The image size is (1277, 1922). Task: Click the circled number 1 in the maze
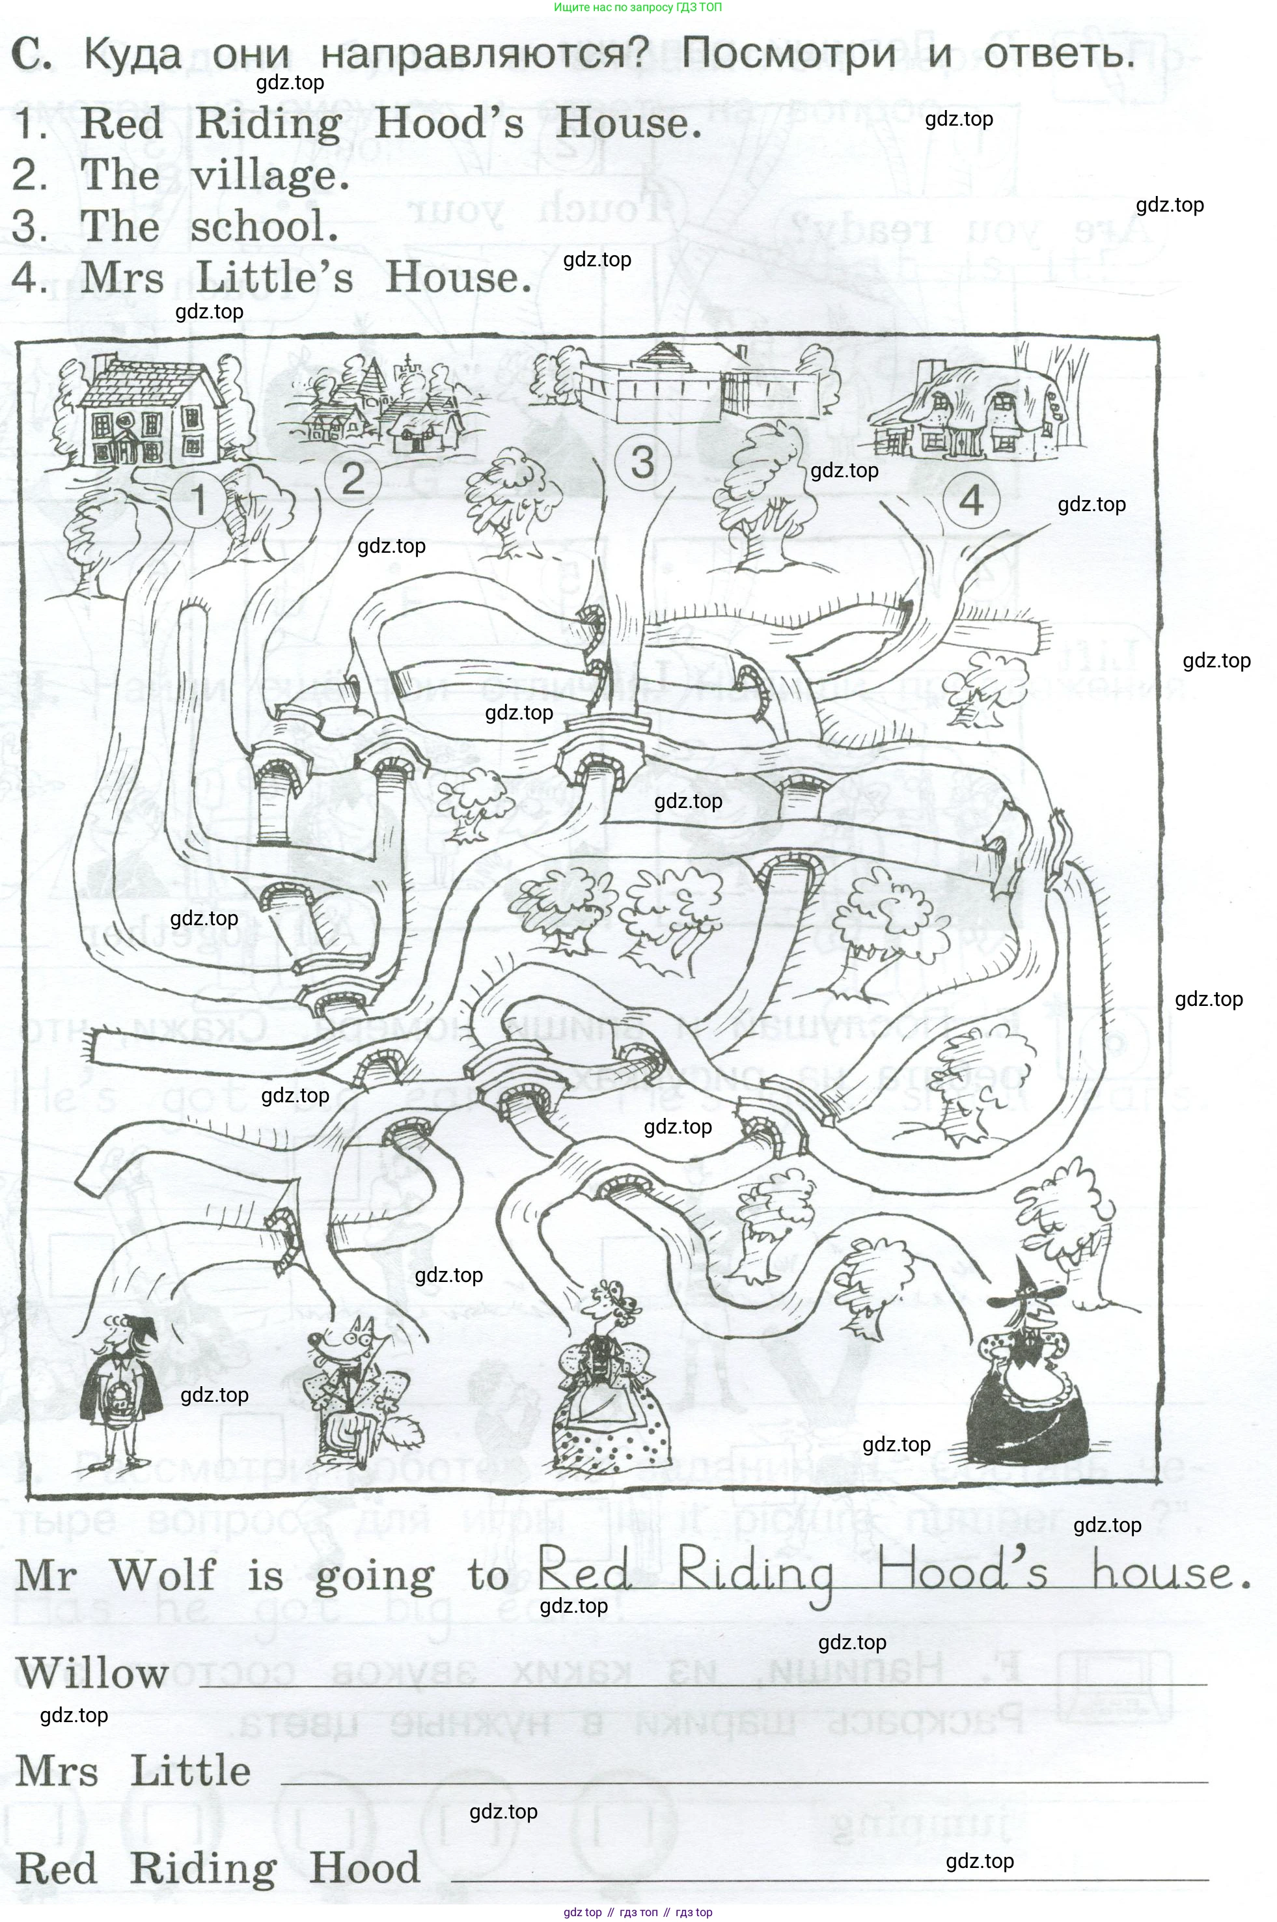[x=198, y=499]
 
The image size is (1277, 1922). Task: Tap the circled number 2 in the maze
[x=353, y=479]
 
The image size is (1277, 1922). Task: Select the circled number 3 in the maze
[x=642, y=462]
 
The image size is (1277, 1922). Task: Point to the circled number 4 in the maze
[x=972, y=499]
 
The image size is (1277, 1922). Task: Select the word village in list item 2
[x=269, y=175]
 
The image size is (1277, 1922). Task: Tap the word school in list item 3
[x=264, y=227]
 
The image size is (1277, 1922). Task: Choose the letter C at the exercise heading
[x=31, y=55]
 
